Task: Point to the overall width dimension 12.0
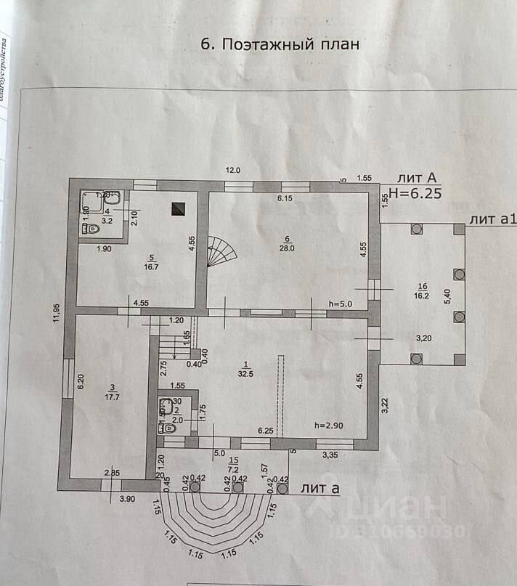232,170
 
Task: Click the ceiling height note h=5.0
340,304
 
